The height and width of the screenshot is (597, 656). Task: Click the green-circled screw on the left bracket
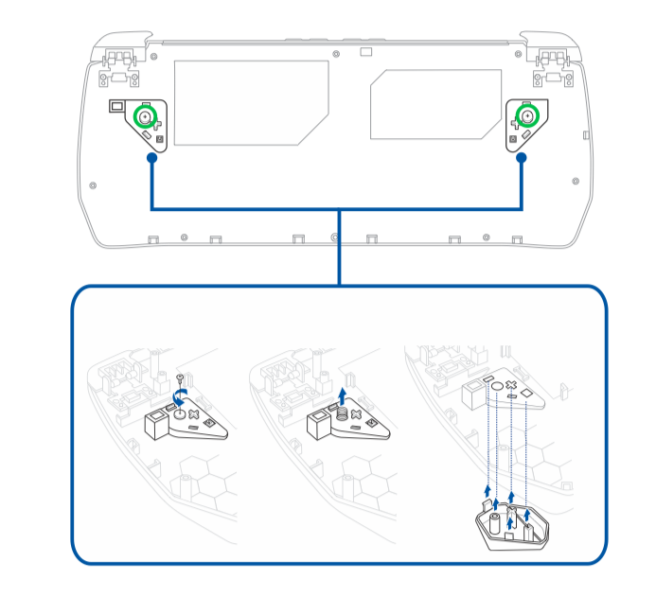point(145,117)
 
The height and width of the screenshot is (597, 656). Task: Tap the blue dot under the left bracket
point(151,161)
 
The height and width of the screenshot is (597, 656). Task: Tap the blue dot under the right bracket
point(521,161)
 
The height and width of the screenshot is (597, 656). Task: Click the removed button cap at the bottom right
point(511,526)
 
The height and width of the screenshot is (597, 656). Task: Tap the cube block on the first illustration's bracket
point(155,425)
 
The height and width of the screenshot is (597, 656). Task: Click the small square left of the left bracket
point(116,106)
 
